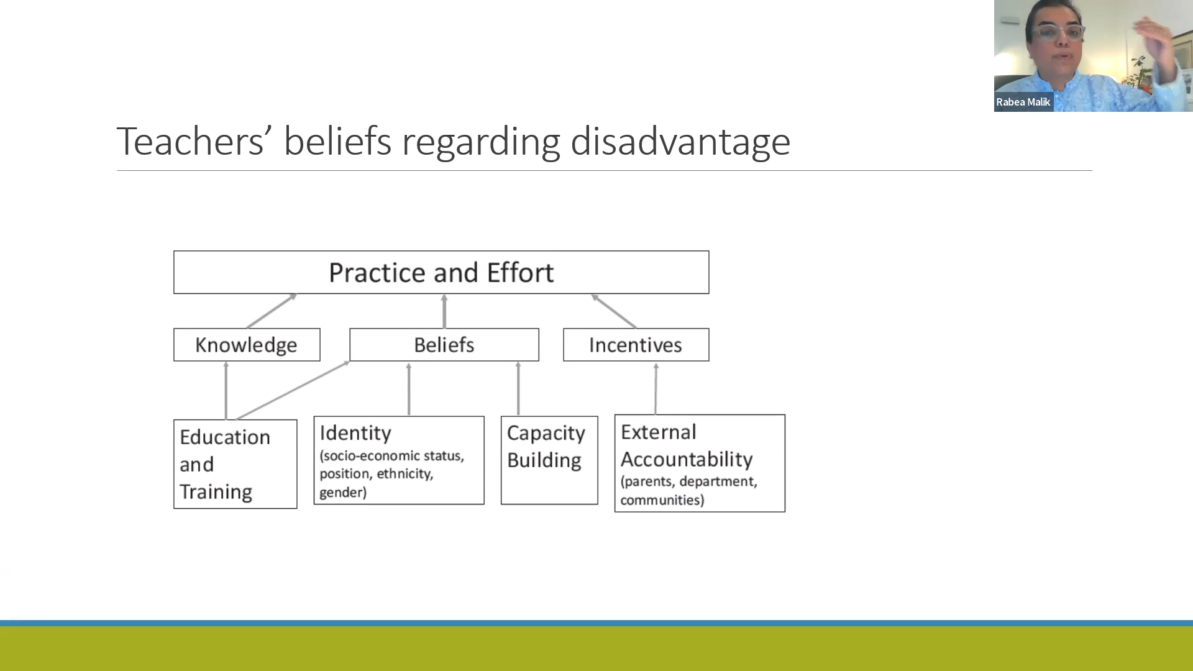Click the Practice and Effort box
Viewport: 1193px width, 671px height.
tap(441, 272)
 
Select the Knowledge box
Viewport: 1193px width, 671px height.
tap(247, 345)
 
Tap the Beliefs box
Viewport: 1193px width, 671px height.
tap(444, 345)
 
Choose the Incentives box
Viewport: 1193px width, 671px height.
tap(636, 345)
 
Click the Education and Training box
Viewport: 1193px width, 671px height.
tap(235, 464)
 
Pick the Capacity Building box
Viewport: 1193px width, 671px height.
tap(549, 460)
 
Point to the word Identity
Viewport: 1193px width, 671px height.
tap(355, 433)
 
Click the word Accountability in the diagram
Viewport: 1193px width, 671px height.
tap(687, 459)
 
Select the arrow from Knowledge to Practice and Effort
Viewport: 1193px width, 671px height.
tap(272, 311)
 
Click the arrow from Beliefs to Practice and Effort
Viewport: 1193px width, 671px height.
tap(444, 311)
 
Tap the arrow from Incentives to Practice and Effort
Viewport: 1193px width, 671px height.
tap(614, 311)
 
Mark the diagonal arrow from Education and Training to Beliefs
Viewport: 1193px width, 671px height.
tap(293, 390)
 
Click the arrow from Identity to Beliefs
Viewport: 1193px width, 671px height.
tap(409, 389)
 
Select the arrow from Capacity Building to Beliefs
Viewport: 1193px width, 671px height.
tap(518, 388)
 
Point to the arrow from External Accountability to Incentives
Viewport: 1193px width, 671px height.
tap(656, 388)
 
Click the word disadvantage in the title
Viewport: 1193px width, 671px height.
tap(680, 142)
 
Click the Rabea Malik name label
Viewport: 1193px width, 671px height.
tap(1023, 102)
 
